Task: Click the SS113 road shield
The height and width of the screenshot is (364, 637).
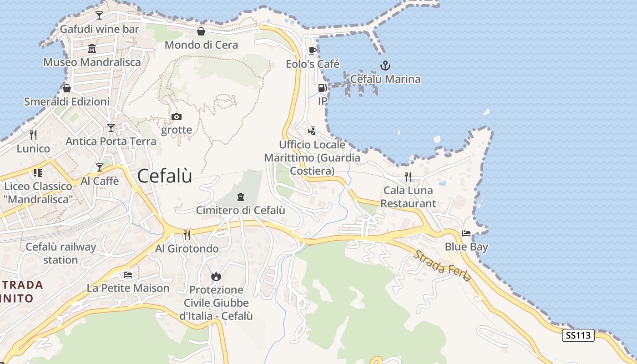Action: coord(579,336)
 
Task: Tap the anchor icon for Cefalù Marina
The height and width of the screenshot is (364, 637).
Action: coord(385,66)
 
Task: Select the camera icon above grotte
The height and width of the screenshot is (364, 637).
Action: coord(177,117)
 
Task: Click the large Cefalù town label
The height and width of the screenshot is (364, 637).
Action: coord(165,176)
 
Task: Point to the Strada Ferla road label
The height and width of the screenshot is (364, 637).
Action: coord(441,266)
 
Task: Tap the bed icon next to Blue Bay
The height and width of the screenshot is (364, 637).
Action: coord(466,234)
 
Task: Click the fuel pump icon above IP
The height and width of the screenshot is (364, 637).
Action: coord(322,88)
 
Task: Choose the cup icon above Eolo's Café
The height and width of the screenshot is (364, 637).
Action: coord(312,51)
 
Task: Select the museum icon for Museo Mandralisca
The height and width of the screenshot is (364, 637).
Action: coord(92,49)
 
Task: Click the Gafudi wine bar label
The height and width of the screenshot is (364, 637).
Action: coord(100,29)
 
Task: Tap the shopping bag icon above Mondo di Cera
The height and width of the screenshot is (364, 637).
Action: coord(201,31)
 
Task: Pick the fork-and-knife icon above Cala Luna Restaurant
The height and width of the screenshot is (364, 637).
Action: coord(408,177)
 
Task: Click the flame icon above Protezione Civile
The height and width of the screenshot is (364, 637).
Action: coord(216,276)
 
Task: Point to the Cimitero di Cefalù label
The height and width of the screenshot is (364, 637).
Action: coord(240,210)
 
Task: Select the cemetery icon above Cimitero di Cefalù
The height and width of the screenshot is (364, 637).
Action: coord(240,197)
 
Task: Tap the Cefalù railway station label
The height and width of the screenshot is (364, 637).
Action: coord(61,253)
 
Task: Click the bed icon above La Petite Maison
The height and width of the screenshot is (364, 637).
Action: coord(128,275)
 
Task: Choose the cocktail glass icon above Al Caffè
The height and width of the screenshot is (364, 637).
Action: coord(99,167)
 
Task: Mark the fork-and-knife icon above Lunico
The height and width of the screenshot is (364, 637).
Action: coord(33,135)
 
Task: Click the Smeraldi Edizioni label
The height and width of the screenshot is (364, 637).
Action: coord(67,101)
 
